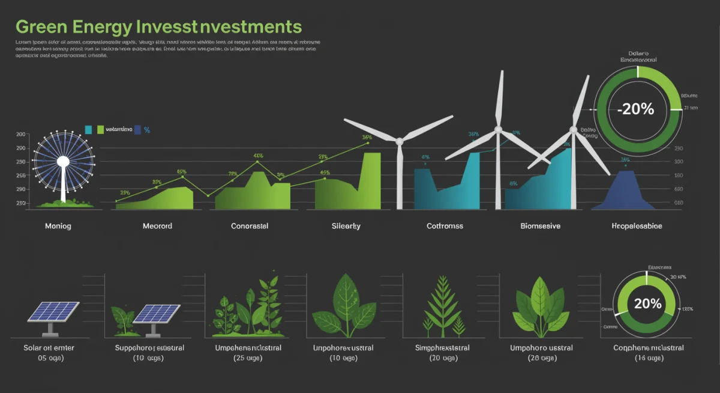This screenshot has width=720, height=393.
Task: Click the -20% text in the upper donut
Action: tap(638, 109)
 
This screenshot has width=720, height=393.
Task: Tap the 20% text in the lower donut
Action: tap(647, 303)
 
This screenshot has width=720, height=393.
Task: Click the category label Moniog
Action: tap(58, 227)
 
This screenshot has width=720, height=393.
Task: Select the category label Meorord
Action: tap(157, 227)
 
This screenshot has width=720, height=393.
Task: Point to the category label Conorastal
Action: tap(250, 227)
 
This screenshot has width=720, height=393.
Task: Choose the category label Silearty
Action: tap(346, 227)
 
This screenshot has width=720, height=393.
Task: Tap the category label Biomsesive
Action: tap(540, 227)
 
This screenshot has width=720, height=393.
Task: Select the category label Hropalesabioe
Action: tap(637, 227)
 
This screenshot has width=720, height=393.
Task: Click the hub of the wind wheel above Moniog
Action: tap(62, 161)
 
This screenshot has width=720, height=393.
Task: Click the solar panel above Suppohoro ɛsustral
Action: tap(156, 314)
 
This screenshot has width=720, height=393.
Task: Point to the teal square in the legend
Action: tap(88, 129)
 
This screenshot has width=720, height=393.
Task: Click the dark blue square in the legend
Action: tap(138, 129)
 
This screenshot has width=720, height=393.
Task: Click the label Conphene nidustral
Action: tap(648, 348)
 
